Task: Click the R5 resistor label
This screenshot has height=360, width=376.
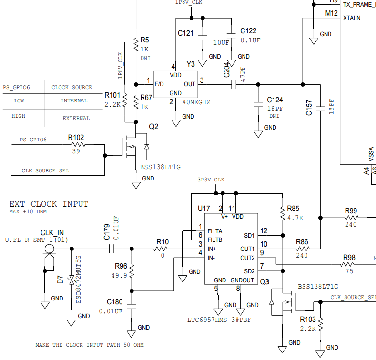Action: click(145, 40)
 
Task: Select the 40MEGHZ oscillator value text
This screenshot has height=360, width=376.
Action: click(197, 102)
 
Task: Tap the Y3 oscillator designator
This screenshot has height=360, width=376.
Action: click(191, 64)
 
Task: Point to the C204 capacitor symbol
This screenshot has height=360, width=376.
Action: click(233, 85)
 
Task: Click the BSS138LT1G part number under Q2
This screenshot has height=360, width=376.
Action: click(160, 167)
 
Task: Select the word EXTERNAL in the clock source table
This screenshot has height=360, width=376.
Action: click(76, 118)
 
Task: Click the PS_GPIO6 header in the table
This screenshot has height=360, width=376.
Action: click(16, 87)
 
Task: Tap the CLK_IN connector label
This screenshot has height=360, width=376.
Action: click(52, 232)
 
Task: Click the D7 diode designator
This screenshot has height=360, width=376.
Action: click(60, 279)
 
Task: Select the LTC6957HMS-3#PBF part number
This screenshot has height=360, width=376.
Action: click(219, 320)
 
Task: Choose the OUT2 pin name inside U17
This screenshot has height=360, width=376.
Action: click(247, 258)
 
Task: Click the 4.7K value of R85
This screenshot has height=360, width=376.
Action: click(295, 218)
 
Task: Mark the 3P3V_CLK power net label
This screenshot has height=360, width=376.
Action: click(211, 180)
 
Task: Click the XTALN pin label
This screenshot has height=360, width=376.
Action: click(352, 18)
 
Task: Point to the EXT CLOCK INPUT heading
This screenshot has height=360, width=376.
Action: click(49, 204)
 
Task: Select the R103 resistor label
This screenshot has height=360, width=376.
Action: click(308, 320)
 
